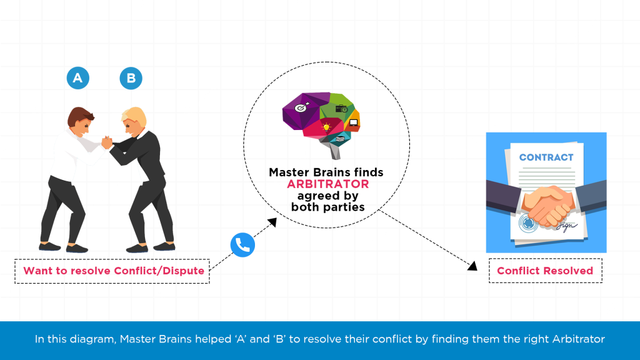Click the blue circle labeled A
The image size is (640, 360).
[78, 78]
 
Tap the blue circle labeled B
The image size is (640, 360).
[131, 78]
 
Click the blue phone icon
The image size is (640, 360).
[242, 246]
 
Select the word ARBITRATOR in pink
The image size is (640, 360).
[327, 184]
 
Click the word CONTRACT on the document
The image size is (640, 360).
[546, 157]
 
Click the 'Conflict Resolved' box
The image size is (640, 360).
[545, 271]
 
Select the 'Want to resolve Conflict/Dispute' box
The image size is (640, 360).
[113, 271]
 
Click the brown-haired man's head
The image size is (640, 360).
[81, 120]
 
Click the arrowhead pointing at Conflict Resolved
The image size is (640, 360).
[473, 266]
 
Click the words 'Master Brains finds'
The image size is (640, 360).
[326, 172]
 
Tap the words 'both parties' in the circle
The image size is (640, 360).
[327, 207]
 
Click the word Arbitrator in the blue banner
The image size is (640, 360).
[579, 339]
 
